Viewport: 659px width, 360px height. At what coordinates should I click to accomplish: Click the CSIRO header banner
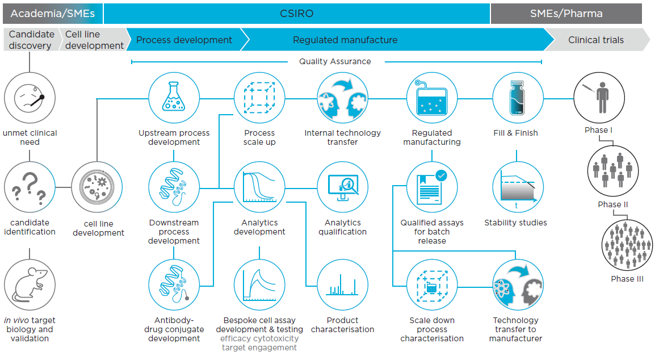pyautogui.click(x=297, y=13)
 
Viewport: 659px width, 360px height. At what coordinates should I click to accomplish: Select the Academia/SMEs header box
pyautogui.click(x=52, y=13)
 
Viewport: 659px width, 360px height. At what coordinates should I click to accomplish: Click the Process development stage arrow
pyautogui.click(x=184, y=40)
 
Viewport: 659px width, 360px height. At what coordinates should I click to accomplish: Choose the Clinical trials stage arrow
pyautogui.click(x=596, y=40)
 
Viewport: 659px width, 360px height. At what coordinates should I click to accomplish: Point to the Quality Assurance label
pyautogui.click(x=335, y=61)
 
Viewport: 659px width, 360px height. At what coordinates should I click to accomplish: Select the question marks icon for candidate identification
pyautogui.click(x=30, y=188)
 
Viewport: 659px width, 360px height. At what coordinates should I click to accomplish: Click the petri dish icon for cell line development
pyautogui.click(x=98, y=188)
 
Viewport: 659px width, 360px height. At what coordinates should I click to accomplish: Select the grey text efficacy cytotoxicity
pyautogui.click(x=259, y=338)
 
